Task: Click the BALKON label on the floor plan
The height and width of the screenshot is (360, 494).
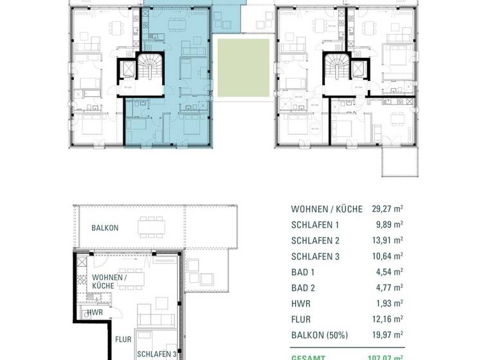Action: pos(105,228)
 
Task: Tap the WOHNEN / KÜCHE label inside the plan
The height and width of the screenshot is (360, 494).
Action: pos(109,281)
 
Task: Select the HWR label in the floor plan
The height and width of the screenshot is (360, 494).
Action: pos(95,311)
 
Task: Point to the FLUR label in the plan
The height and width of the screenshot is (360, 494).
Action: pos(123,338)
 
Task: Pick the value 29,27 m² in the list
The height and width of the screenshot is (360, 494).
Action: pos(387,209)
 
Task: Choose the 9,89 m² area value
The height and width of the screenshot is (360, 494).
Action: pos(389,225)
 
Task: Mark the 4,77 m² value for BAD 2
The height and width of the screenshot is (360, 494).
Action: pos(389,287)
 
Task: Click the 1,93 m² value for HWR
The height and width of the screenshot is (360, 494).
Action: pos(389,303)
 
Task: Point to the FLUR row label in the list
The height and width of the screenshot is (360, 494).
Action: pos(302,319)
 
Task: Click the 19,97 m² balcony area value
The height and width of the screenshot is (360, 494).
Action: pos(387,334)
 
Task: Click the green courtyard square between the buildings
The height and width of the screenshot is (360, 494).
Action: pos(242,67)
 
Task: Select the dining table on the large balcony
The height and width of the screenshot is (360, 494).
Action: pos(151,226)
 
